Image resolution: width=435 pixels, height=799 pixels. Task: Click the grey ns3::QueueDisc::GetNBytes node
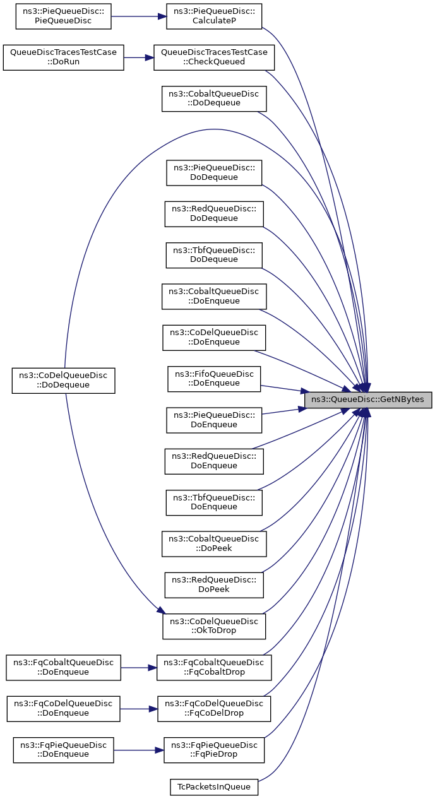pyautogui.click(x=368, y=400)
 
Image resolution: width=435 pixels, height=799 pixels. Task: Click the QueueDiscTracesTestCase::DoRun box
pyautogui.click(x=63, y=58)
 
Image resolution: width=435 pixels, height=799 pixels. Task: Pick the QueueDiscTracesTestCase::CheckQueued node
pyautogui.click(x=214, y=58)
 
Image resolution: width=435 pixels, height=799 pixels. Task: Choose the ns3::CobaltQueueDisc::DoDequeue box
pyautogui.click(x=214, y=99)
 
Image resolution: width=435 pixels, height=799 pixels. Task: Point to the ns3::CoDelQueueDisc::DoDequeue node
pyautogui.click(x=63, y=381)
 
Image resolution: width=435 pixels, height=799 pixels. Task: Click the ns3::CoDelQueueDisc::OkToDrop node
pyautogui.click(x=214, y=626)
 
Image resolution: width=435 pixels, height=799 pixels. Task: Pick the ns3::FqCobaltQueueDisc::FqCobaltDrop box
pyautogui.click(x=214, y=668)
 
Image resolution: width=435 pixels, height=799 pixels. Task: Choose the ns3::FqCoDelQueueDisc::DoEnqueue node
pyautogui.click(x=63, y=709)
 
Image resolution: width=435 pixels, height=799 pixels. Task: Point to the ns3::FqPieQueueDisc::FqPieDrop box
pyautogui.click(x=214, y=750)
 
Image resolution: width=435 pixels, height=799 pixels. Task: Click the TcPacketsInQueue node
pyautogui.click(x=214, y=787)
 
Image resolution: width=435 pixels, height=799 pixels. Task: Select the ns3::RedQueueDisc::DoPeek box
pyautogui.click(x=214, y=585)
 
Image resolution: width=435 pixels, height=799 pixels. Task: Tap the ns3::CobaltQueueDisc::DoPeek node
pyautogui.click(x=214, y=544)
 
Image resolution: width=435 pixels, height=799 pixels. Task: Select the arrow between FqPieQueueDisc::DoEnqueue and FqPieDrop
pyautogui.click(x=139, y=750)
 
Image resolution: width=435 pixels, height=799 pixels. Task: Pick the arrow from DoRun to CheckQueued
pyautogui.click(x=139, y=58)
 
